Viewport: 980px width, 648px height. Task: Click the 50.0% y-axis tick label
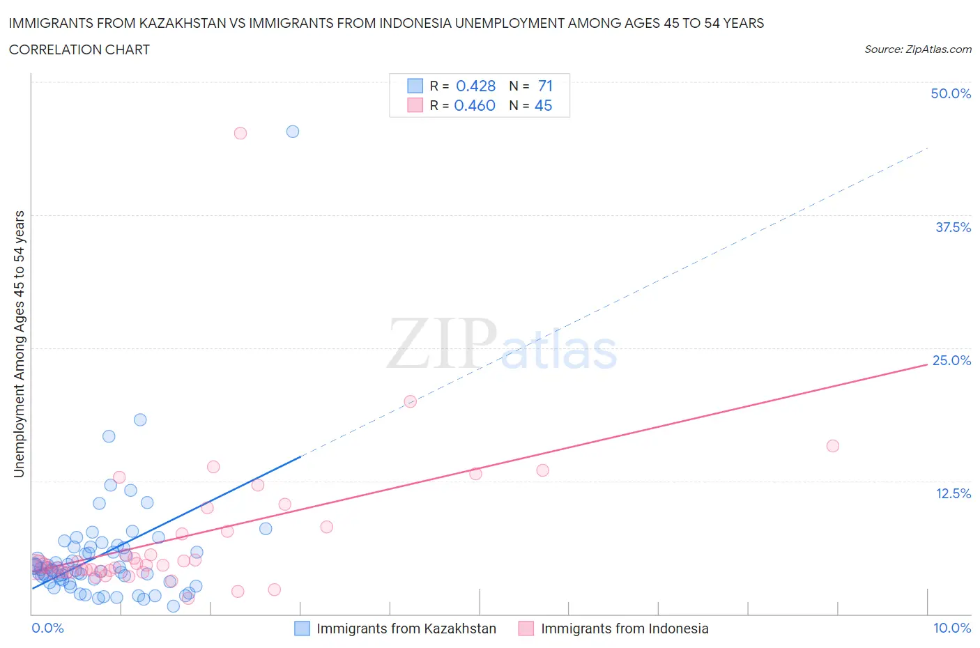951,93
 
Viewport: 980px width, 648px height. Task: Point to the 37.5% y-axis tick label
953,227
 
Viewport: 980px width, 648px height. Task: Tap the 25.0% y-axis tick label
951,360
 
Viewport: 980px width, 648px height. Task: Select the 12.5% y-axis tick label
953,493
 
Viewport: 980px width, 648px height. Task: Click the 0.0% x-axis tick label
47,628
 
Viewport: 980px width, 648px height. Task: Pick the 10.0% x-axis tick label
952,628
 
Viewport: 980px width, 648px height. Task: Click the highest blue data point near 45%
293,132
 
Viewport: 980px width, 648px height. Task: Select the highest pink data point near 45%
240,133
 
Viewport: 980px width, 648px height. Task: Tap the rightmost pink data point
832,446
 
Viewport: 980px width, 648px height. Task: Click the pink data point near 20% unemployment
411,401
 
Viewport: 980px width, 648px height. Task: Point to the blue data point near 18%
140,419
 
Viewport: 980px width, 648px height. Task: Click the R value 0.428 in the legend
475,86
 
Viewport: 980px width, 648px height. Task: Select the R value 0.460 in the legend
475,105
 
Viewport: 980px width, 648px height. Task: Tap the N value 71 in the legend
545,86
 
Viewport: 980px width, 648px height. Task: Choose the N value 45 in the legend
543,105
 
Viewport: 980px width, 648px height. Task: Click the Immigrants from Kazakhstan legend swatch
302,628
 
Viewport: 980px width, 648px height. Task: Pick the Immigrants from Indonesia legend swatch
526,628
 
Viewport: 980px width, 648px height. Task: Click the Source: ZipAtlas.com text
917,49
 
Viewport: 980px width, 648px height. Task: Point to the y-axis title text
19,344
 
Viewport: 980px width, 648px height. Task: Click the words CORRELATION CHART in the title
79,49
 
